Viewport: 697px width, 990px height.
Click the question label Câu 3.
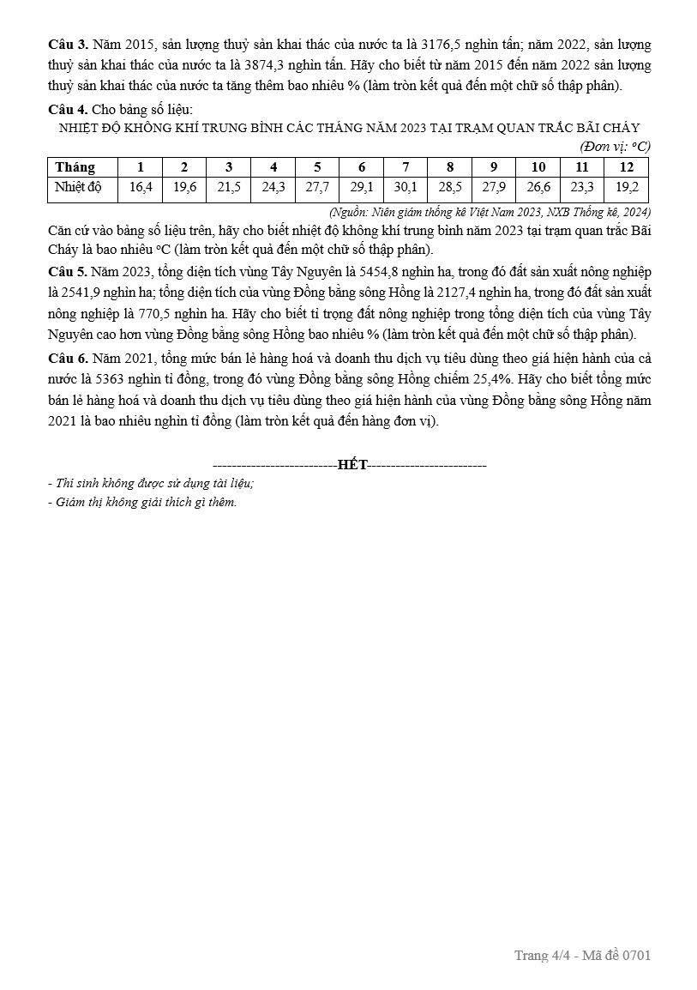(65, 44)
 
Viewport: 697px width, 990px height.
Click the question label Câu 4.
(65, 109)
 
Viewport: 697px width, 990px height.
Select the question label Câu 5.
(65, 271)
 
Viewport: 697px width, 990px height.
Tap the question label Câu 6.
(65, 358)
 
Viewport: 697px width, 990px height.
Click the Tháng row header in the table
(75, 167)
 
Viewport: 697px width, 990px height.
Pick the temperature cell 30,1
(406, 188)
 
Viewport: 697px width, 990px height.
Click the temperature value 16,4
(141, 188)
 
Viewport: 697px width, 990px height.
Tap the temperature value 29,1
(362, 188)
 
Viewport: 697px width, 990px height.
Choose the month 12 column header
(627, 167)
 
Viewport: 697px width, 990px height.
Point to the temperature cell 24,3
(273, 188)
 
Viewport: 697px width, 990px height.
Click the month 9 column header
(494, 167)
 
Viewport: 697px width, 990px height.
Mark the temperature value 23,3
(582, 188)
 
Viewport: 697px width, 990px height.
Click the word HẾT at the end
(352, 465)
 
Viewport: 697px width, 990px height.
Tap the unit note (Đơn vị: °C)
(615, 147)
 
